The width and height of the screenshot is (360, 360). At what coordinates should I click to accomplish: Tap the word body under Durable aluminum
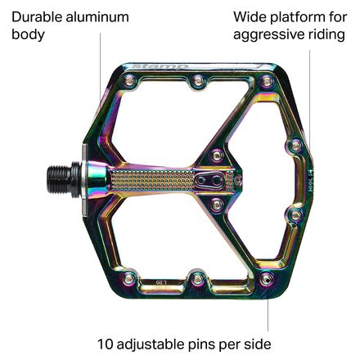[x=28, y=35]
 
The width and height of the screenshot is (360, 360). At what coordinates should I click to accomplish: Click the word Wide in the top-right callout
[x=249, y=16]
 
